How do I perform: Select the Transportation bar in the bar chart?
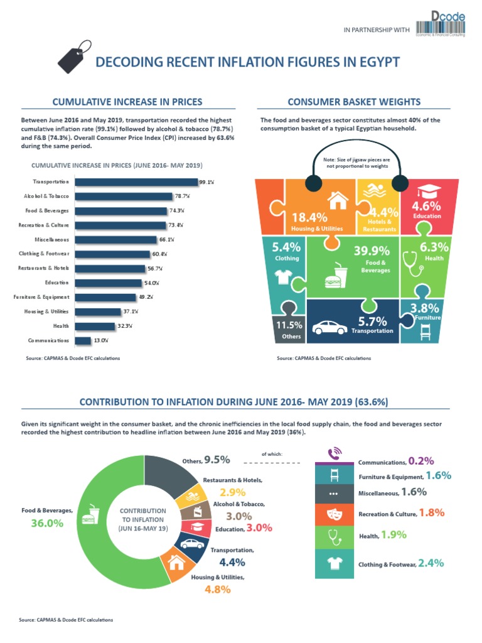(136, 182)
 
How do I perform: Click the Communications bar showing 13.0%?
(83, 340)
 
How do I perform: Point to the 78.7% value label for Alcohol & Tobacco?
(182, 197)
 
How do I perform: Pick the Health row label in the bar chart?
(61, 326)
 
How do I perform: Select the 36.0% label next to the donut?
(47, 522)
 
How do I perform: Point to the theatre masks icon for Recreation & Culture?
(335, 514)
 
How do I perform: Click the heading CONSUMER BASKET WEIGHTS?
(354, 102)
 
